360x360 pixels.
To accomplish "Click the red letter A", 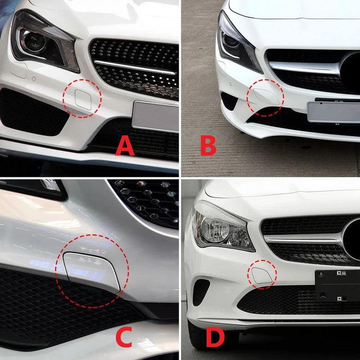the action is pos(125,145).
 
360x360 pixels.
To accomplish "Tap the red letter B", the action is pos(208,145).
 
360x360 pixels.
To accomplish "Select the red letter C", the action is pos(124,337).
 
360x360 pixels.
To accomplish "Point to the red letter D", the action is pos(216,337).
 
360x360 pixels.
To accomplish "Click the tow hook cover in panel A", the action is pos(83,99).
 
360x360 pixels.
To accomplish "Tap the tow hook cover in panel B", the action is pos(267,96).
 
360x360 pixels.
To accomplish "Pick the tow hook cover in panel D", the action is pos(262,275).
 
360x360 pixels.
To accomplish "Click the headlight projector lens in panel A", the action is pos(35,42).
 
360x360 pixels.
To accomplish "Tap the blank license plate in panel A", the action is pos(155,117).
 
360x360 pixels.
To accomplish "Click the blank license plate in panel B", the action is pos(333,112).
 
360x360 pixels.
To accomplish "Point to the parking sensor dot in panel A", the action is pos(34,78).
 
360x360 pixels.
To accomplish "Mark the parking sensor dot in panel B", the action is pos(230,84).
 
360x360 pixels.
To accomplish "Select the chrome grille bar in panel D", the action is pos(303,241).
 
